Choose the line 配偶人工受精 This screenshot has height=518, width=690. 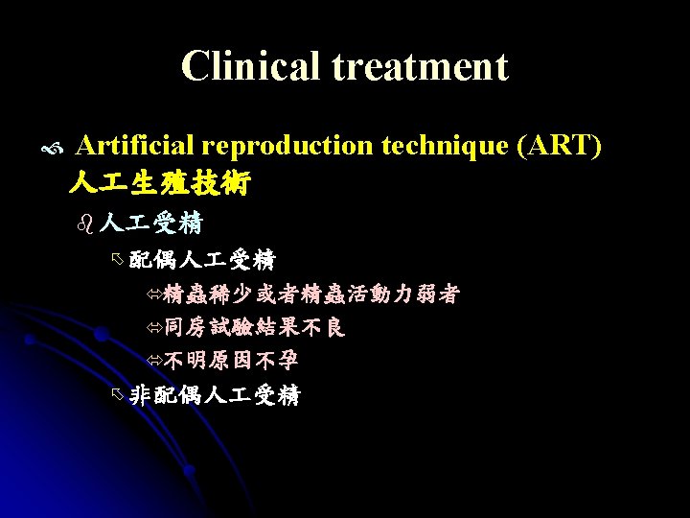tap(202, 259)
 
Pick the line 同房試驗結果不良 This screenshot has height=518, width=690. tap(254, 327)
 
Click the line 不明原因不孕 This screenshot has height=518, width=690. tap(230, 361)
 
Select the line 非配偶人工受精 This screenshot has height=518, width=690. tap(214, 395)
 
